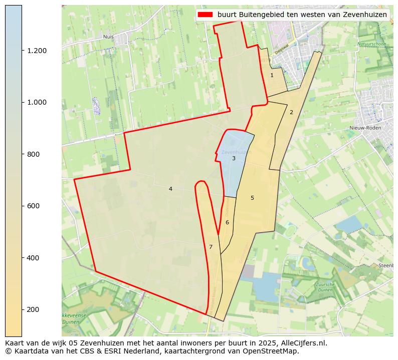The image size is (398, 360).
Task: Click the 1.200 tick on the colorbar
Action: [37, 51]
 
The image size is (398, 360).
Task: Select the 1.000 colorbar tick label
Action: [37, 102]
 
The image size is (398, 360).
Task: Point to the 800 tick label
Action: [34, 154]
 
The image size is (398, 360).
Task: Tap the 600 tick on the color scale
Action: [34, 206]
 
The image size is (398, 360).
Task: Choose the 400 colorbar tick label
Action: [34, 258]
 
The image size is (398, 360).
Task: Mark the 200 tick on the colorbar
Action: [34, 309]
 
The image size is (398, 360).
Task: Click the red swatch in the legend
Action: [206, 15]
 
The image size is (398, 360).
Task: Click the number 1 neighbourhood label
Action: [272, 75]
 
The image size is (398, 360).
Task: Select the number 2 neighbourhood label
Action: [291, 112]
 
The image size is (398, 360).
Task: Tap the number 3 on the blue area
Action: [234, 158]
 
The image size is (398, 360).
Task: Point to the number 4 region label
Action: [170, 189]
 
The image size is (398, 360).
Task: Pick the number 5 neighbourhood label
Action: [252, 198]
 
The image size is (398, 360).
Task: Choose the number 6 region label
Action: [227, 222]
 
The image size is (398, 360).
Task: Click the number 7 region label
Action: [211, 247]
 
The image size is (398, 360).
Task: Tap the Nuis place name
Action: [108, 37]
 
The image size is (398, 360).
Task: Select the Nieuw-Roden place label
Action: [365, 128]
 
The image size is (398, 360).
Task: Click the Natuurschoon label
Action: [371, 44]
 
